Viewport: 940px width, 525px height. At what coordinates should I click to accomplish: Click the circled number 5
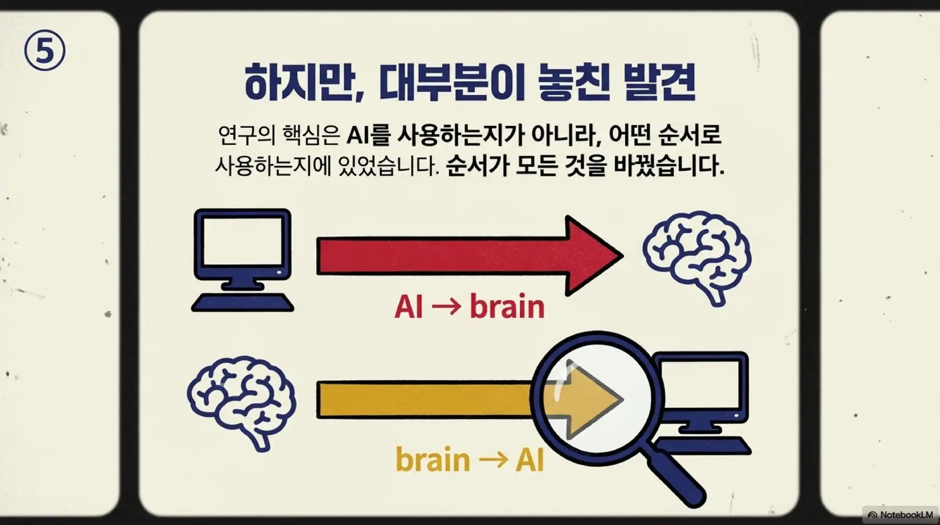pos(45,50)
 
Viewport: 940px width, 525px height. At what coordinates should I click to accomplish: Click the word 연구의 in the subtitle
pos(247,135)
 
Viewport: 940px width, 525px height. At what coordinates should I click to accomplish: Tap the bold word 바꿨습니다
pos(668,166)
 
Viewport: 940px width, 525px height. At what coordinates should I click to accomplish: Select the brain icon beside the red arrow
pos(697,257)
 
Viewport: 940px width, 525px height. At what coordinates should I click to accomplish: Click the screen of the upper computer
pos(242,241)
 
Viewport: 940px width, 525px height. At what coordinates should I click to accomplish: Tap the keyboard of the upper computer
pos(242,303)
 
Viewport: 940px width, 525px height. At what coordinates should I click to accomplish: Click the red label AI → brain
pos(469,307)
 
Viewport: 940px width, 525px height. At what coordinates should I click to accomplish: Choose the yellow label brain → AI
pos(469,459)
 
